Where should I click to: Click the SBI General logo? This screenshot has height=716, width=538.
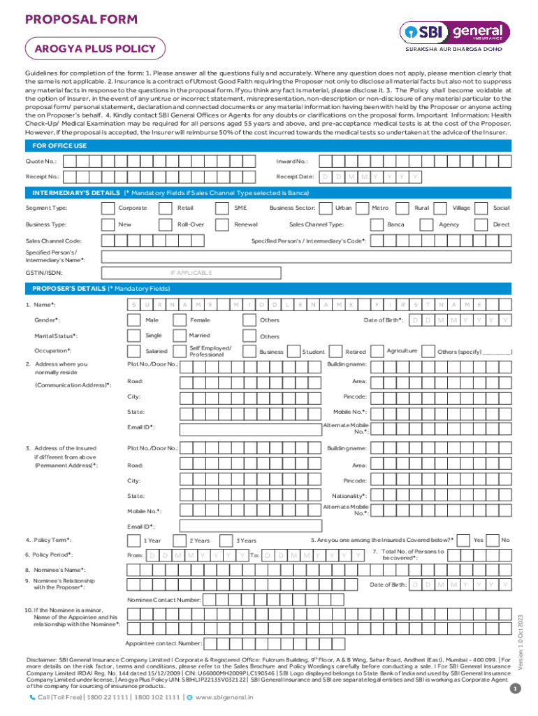pos(454,36)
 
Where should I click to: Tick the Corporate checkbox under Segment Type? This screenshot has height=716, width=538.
pos(108,208)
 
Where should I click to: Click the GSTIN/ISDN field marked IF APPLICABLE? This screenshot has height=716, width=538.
pos(191,273)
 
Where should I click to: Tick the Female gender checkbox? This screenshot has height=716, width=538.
pos(179,320)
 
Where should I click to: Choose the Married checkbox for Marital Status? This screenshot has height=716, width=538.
pos(179,336)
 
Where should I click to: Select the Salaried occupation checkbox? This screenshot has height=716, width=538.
pos(133,351)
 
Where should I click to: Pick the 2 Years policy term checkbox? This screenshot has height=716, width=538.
pos(179,540)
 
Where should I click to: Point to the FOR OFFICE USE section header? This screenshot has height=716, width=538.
pos(60,145)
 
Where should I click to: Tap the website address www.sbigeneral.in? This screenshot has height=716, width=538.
pos(224,697)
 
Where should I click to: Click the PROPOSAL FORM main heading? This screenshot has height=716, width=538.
pos(81,20)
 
